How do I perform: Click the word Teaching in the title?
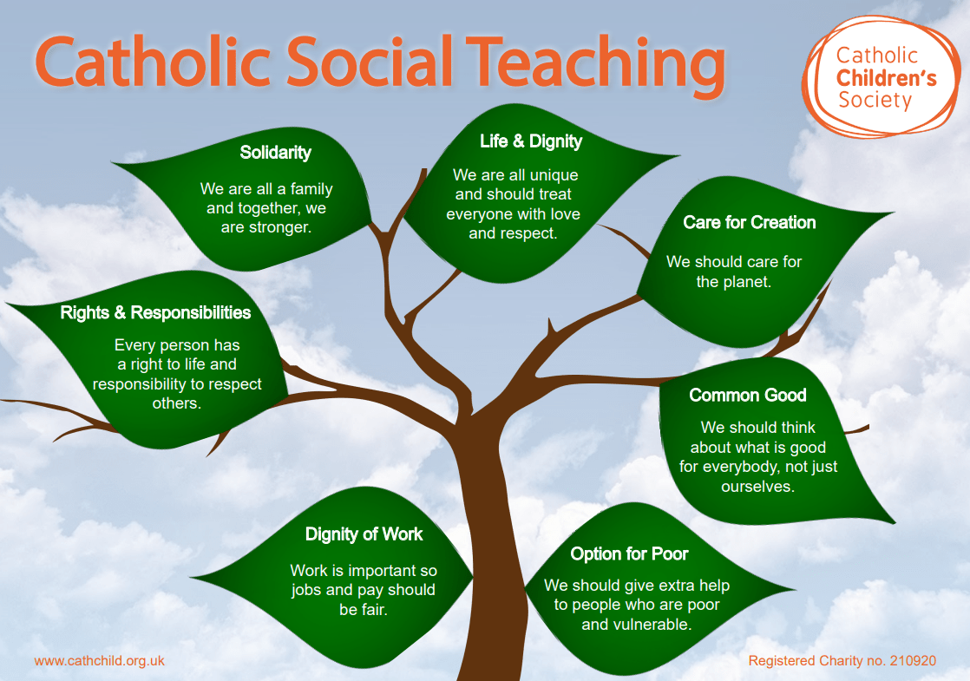[x=596, y=63]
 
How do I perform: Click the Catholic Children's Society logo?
[x=881, y=76]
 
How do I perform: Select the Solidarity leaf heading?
[x=275, y=152]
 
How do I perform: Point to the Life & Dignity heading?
[x=531, y=141]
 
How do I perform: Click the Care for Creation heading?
[x=749, y=222]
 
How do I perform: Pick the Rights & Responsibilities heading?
[x=155, y=312]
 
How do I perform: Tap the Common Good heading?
[x=748, y=395]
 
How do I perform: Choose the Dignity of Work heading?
[x=364, y=534]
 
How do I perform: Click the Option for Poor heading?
[x=629, y=553]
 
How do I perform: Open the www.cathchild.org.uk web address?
[x=100, y=660]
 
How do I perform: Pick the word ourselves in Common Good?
[x=757, y=487]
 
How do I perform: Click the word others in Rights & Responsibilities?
[x=176, y=403]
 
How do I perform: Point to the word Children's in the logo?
[x=887, y=79]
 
